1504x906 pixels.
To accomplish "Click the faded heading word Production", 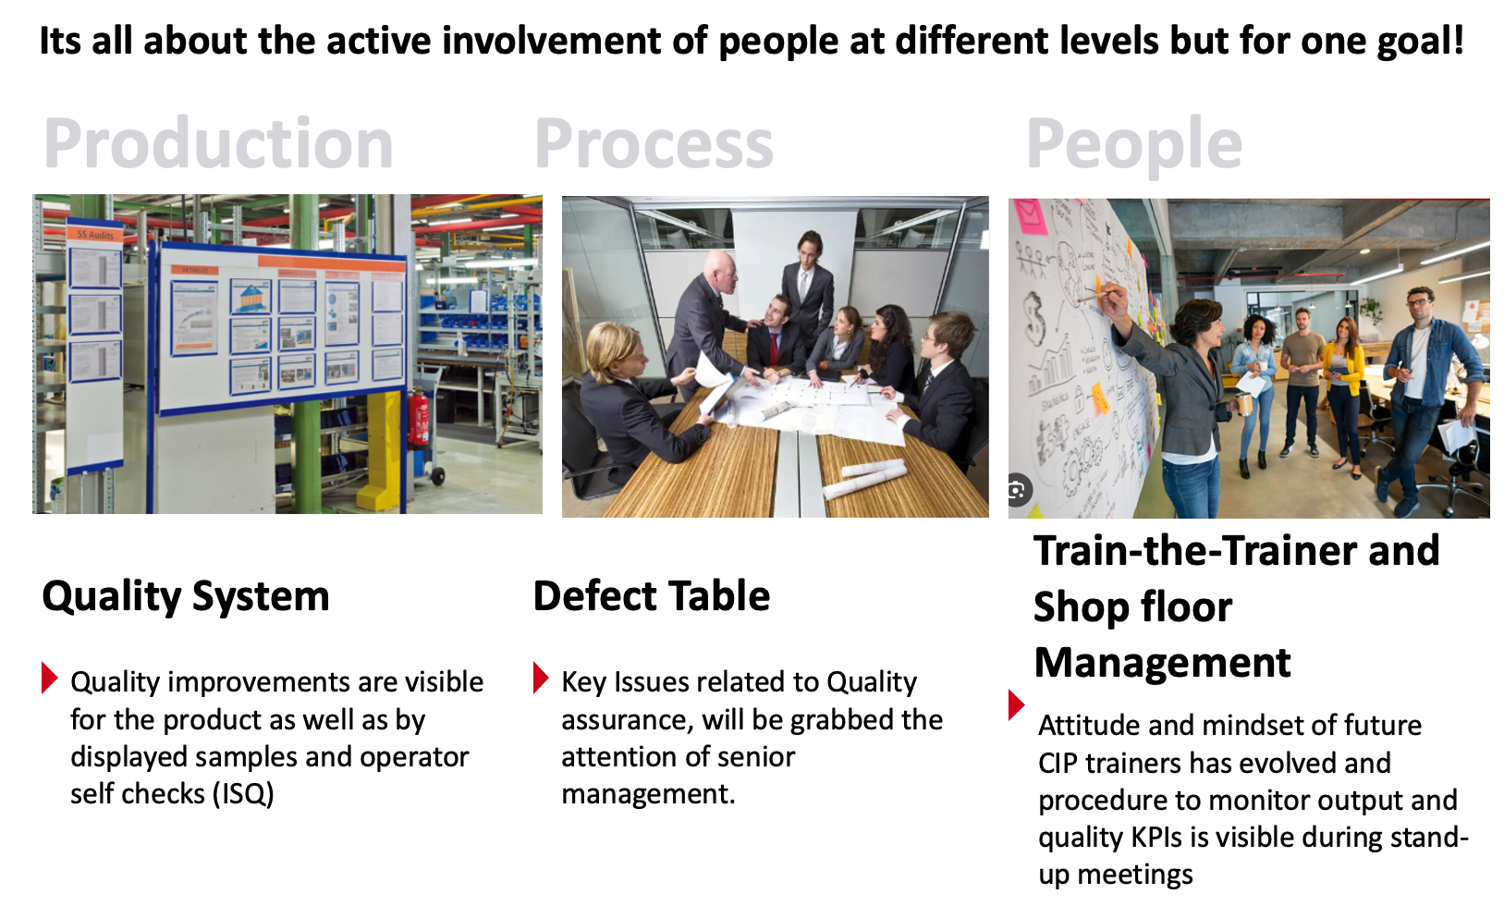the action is click(218, 143).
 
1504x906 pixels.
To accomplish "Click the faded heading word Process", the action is click(654, 143).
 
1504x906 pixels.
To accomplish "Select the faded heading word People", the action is click(1134, 144).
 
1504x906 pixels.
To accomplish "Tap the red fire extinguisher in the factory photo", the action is click(419, 416).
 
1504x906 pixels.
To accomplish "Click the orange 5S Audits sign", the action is click(94, 235).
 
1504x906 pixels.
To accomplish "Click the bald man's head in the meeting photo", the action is click(719, 271).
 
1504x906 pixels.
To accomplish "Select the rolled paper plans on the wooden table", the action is click(863, 478).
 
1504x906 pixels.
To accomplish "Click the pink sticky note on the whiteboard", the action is click(1030, 216).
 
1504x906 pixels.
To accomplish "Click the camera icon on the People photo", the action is click(1018, 490).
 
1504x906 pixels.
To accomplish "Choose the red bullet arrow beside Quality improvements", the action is click(49, 678).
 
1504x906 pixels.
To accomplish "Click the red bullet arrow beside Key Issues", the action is click(541, 678).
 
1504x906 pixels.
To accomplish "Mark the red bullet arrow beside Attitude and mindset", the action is click(1016, 704).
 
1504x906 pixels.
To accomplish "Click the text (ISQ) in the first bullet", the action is click(243, 794).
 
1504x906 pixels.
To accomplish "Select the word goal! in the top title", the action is click(1422, 43).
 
